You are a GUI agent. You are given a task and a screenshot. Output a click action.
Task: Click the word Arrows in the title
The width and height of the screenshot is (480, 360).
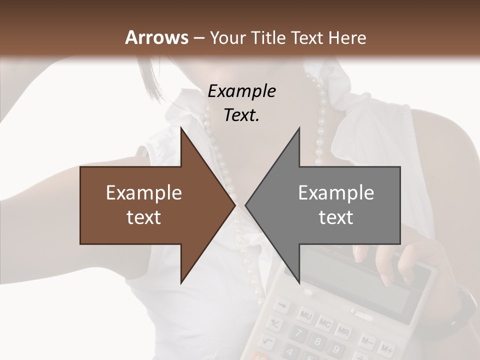156,37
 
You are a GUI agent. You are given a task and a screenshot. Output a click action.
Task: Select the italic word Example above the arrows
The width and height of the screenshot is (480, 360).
242,91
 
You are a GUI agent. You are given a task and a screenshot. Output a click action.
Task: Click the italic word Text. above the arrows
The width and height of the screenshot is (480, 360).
242,115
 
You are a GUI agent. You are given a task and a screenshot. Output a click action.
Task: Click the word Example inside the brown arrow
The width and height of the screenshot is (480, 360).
144,193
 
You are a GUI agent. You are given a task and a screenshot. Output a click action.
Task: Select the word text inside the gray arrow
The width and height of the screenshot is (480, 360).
336,217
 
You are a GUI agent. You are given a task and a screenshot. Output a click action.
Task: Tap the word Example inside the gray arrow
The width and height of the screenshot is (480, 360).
336,193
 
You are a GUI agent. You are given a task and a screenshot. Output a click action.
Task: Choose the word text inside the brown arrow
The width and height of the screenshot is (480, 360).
144,217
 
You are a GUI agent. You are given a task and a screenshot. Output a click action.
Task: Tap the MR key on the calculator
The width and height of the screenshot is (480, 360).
343,331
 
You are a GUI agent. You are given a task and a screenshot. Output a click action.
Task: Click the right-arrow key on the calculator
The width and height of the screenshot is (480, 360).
283,304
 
